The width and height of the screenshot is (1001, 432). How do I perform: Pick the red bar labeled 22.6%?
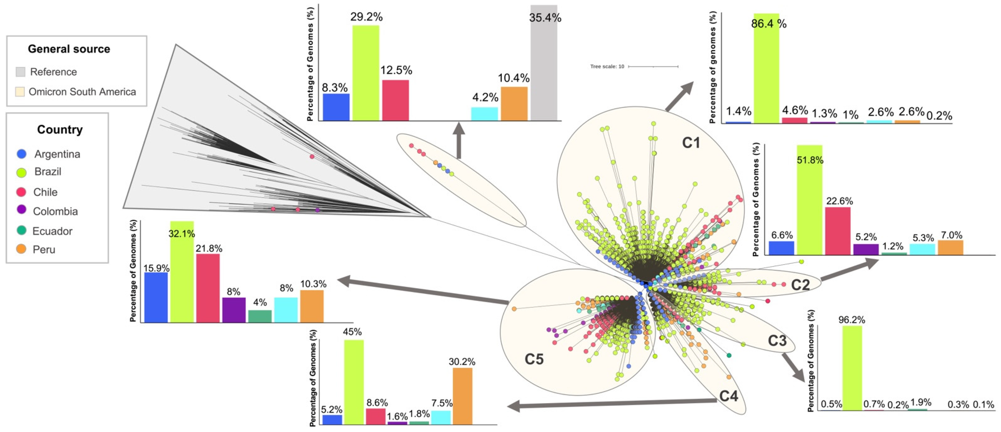coord(838,231)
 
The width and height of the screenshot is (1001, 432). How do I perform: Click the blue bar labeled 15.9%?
coord(156,297)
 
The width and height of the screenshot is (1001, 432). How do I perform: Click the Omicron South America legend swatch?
coord(20,92)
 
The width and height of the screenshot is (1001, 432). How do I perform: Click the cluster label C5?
coord(534,359)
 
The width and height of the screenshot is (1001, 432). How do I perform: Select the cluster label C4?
coord(728,396)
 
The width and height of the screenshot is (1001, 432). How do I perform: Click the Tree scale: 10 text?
coord(607,67)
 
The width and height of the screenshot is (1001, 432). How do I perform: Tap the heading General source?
coord(69,49)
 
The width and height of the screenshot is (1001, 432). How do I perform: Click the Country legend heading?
coord(60,130)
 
